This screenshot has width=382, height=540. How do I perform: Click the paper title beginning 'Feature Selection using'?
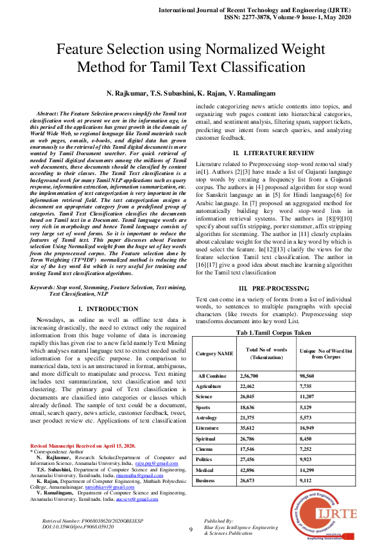click(191, 58)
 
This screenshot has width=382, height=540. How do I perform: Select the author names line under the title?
click(191, 94)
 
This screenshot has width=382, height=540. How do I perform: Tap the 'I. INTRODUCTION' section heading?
click(103, 309)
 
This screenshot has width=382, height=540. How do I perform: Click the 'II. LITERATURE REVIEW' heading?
click(273, 153)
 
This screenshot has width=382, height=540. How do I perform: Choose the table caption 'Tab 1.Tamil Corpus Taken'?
click(273, 333)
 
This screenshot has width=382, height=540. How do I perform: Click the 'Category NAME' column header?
click(214, 353)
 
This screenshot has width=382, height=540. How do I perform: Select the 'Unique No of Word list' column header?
click(326, 353)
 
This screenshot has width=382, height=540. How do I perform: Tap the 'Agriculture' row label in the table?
click(210, 387)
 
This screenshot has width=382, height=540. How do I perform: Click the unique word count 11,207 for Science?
click(311, 398)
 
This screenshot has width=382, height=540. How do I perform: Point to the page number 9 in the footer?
click(191, 529)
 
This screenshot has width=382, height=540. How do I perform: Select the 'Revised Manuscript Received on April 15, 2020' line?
click(83, 446)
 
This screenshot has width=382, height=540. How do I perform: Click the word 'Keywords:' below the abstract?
click(45, 288)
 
